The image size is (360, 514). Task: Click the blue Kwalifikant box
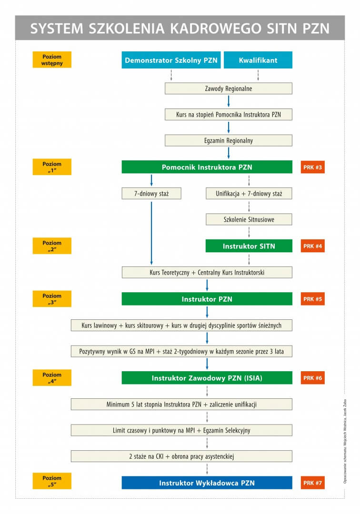coord(258,60)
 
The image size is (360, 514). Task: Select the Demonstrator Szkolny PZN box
coord(171,60)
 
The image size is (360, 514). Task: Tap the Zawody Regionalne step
coord(229,89)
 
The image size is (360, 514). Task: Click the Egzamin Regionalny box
coord(229,140)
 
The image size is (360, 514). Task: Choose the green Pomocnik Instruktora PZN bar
coord(207,167)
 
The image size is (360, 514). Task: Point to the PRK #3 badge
coord(313,167)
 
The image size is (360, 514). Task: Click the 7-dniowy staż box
coord(151,193)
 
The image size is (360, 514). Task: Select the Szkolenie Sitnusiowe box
coord(249,219)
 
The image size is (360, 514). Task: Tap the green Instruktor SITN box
coord(249,246)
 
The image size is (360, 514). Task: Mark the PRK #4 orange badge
coord(313,246)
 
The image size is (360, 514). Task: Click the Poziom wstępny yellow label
coord(52,59)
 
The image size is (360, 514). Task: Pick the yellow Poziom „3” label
coord(52,298)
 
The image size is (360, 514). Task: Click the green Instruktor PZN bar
coord(207,299)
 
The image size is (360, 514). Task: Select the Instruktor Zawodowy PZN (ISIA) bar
coord(207,378)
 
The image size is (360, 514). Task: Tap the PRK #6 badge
coord(313,378)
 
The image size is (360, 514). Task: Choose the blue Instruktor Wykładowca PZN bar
coord(207,483)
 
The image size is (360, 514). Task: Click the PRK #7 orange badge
coord(313,483)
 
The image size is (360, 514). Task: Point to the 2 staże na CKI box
coord(181,456)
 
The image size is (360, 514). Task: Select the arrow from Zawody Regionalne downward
coord(229,101)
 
